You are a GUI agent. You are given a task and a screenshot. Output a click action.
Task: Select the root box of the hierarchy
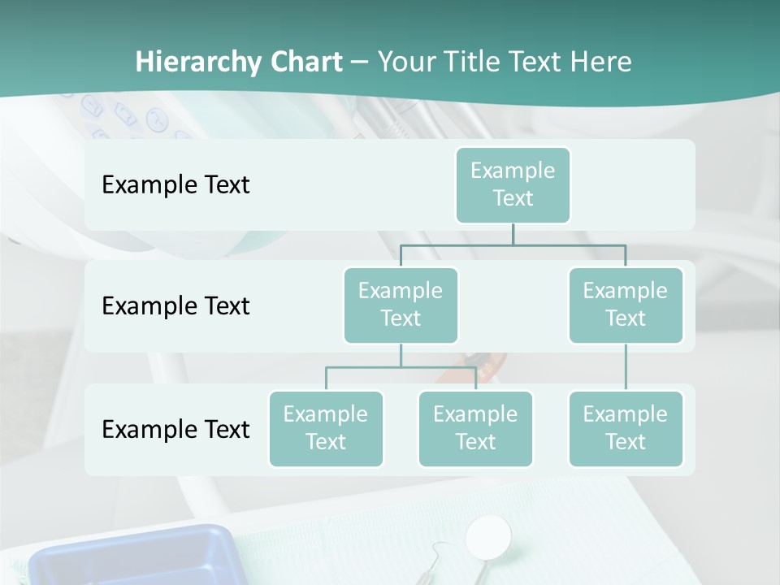[x=513, y=184]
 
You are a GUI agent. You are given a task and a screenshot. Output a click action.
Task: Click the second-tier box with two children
[x=401, y=305]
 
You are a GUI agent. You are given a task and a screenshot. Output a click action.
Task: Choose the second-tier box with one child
[x=626, y=305]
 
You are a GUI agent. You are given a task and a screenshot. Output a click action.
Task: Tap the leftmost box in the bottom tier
[x=326, y=428]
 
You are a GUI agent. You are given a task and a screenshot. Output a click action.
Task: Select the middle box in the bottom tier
[x=475, y=428]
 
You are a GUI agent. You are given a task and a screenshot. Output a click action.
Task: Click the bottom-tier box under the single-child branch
[x=626, y=428]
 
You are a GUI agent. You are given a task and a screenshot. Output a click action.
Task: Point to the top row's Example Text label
[x=175, y=184]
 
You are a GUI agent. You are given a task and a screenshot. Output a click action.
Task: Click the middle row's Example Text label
[x=175, y=305]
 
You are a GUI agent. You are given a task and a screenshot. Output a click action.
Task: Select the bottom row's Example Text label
[x=175, y=429]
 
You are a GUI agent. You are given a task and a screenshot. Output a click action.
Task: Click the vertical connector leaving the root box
[x=513, y=234]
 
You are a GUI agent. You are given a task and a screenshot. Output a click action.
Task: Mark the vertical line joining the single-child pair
[x=626, y=367]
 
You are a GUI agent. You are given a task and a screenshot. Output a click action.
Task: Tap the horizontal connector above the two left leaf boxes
[x=401, y=367]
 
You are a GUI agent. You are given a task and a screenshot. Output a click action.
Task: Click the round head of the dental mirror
[x=489, y=535]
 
